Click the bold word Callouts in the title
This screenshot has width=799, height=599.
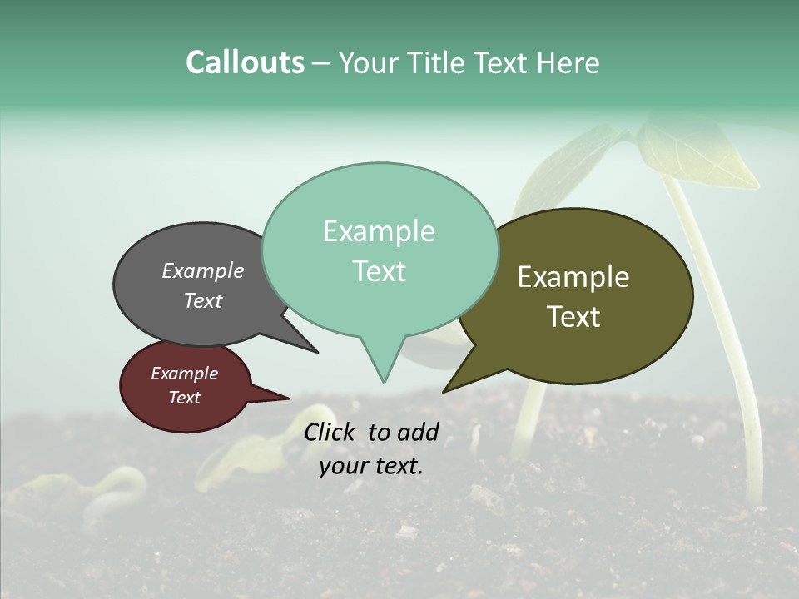(245, 62)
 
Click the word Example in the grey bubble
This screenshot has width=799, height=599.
(202, 270)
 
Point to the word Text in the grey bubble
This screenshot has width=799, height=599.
(202, 300)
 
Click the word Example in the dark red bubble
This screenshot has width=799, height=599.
(184, 374)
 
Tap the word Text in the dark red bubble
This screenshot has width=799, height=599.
(184, 398)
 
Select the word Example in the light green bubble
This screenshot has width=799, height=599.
(379, 231)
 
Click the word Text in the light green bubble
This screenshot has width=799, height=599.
(379, 271)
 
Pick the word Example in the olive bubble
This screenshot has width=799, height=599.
(573, 277)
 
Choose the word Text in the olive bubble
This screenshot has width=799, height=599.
(573, 317)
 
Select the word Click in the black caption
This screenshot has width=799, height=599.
(330, 432)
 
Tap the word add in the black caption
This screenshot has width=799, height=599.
(419, 432)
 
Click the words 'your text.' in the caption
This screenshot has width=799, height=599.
(370, 466)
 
